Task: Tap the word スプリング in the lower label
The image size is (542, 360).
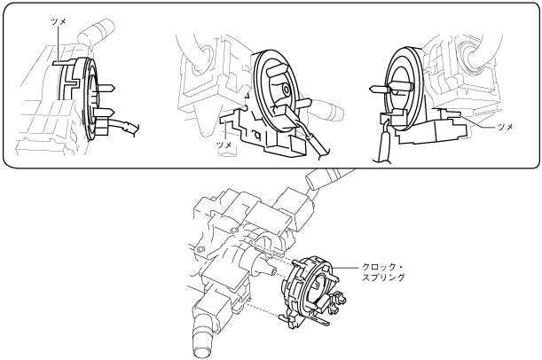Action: (x=383, y=278)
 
